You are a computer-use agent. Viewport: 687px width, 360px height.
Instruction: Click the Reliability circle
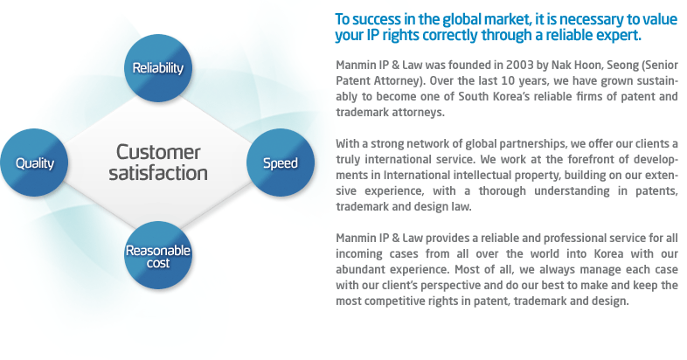click(x=158, y=68)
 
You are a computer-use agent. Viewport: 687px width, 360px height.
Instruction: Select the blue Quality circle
click(x=34, y=163)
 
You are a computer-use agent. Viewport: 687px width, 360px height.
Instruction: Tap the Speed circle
click(x=281, y=163)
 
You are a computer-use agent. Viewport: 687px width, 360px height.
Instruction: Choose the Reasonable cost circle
click(x=158, y=255)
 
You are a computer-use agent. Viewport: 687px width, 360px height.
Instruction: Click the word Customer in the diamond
click(x=158, y=152)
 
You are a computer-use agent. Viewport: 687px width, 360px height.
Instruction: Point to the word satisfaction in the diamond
click(x=158, y=172)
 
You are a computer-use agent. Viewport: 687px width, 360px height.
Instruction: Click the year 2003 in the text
click(x=520, y=66)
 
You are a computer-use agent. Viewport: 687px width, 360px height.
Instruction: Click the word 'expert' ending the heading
click(x=619, y=36)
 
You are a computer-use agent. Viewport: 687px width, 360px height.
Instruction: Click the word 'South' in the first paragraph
click(x=471, y=96)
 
